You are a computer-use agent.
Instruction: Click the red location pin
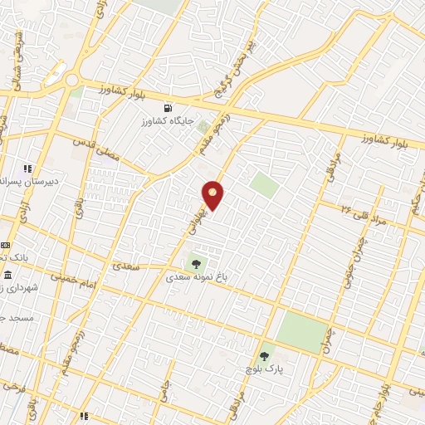click(x=213, y=194)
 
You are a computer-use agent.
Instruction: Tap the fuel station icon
click(x=170, y=108)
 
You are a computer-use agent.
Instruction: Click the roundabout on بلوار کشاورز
click(x=72, y=81)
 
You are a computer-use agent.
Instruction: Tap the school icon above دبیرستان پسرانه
click(x=28, y=169)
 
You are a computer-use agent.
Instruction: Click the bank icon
click(x=5, y=246)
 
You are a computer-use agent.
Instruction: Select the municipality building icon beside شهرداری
click(x=7, y=275)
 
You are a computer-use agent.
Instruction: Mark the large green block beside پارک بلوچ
click(x=303, y=333)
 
